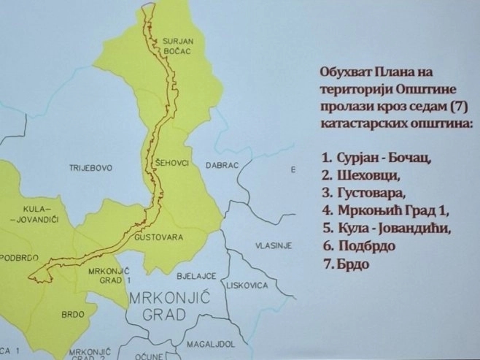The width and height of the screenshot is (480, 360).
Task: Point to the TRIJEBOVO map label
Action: coord(91,168)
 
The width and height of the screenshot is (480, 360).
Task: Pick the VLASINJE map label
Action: coord(274,245)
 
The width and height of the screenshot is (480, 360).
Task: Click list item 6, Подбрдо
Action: coord(357,246)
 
